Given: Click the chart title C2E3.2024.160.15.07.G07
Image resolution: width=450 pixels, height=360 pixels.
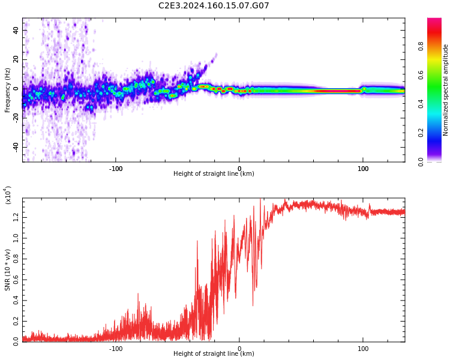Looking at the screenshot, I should pos(214,6).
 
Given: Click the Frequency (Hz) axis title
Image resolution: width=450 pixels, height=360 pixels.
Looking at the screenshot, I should pos(8,90).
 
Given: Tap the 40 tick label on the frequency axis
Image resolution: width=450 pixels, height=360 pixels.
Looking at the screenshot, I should pos(16,30).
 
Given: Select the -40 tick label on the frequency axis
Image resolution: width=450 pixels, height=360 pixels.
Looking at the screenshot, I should pos(15,147).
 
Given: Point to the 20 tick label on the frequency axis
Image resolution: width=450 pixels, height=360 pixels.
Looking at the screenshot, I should pos(16,59).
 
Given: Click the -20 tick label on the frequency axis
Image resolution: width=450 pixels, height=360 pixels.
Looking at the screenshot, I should pos(15,118).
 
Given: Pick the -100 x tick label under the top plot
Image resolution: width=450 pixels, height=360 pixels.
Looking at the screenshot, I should pos(116,169).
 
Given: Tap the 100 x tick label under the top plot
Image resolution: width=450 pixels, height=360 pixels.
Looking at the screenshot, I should pos(363,169).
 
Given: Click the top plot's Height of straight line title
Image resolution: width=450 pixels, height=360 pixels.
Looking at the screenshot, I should pos(214,174).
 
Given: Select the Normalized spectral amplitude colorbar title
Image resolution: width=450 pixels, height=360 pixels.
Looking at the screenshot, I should pos(446,90).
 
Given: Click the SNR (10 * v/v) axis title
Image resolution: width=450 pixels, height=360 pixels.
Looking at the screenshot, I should pos(8,270).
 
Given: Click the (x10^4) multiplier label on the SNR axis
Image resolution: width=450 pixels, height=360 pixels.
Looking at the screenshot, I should pos(8,196).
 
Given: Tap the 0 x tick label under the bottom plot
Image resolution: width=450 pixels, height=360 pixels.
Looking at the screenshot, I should pos(239,349).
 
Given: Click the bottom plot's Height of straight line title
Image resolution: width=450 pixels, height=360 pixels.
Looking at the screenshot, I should pos(214,354).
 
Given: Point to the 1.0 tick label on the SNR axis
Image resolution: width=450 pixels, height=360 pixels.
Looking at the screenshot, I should pos(16,238).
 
